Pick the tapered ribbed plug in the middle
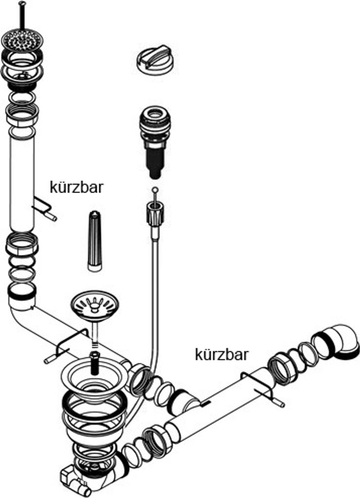click(94, 241)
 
